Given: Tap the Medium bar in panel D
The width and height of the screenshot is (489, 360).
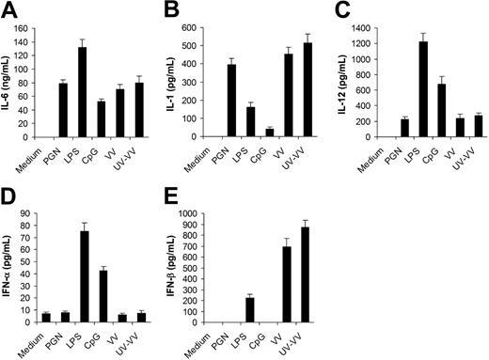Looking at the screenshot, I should tap(45, 318).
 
